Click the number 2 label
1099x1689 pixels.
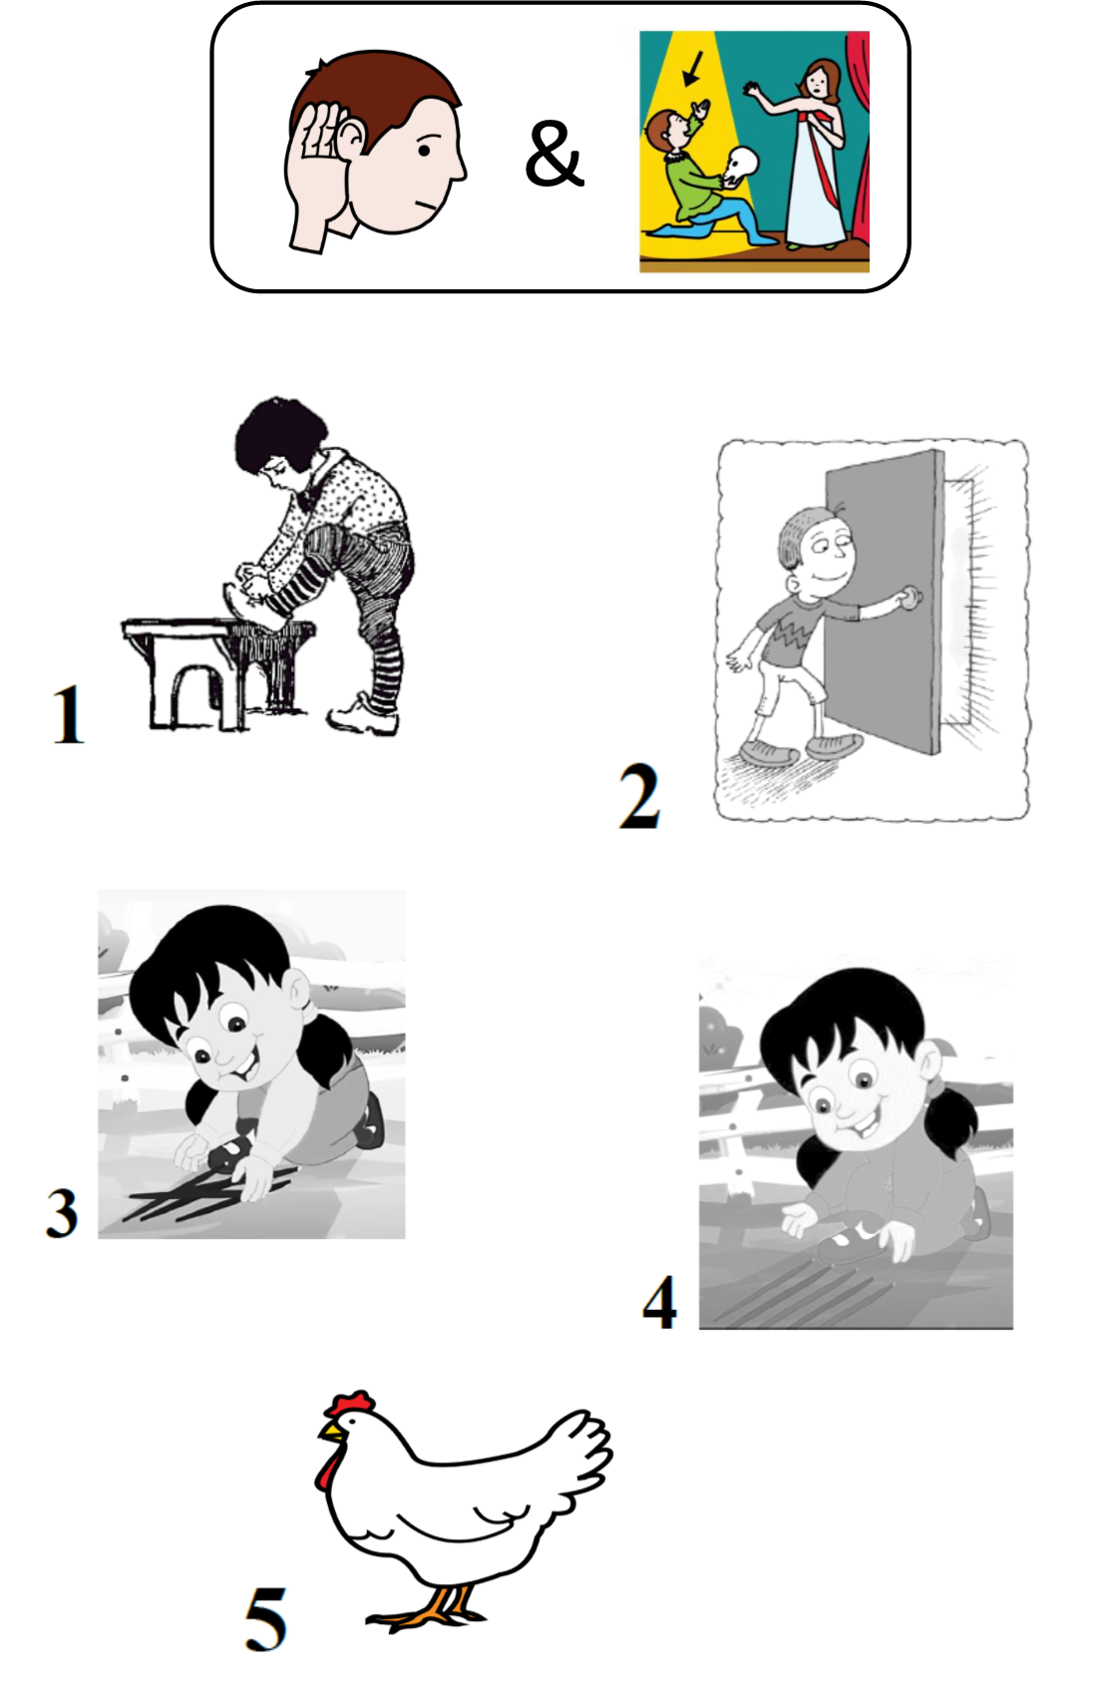click(x=639, y=796)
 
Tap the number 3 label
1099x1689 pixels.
click(x=62, y=1212)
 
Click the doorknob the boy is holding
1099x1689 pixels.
click(x=913, y=598)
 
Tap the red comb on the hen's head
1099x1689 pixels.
click(x=350, y=1404)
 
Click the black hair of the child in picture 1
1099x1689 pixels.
click(x=279, y=435)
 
